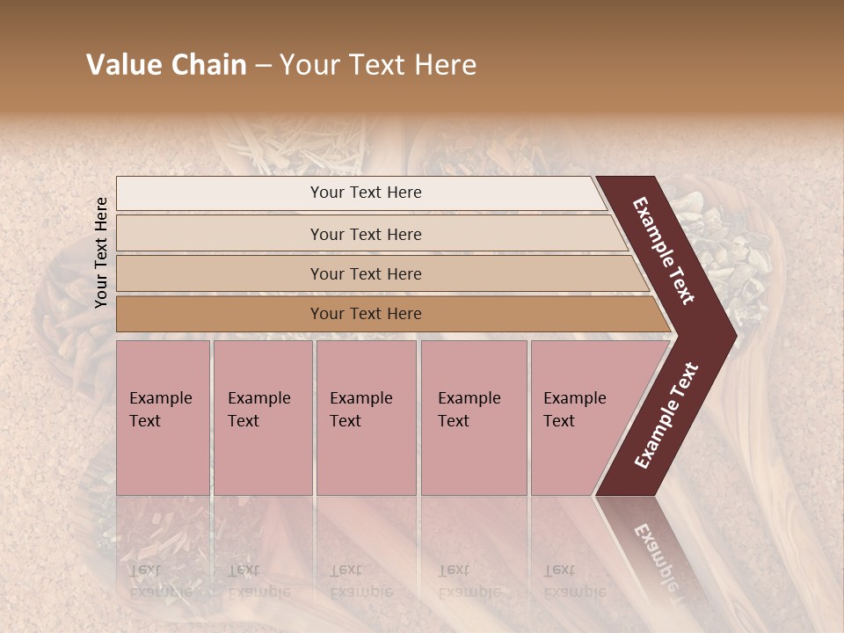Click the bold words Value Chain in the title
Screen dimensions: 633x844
click(166, 65)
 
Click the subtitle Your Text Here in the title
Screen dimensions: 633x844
click(378, 65)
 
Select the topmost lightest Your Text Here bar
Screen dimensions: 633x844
click(365, 193)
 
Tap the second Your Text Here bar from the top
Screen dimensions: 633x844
click(365, 234)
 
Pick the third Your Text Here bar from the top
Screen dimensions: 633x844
click(365, 273)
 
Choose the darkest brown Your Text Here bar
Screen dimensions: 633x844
click(365, 314)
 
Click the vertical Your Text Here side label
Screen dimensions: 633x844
click(101, 252)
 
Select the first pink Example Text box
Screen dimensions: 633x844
click(163, 418)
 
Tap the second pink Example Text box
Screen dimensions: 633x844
click(262, 418)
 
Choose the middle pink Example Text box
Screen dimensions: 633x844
click(366, 418)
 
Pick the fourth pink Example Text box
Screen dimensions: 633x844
click(473, 418)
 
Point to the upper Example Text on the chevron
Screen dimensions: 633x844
click(664, 251)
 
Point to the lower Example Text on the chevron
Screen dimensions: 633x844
click(666, 415)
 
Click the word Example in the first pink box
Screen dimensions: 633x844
click(160, 398)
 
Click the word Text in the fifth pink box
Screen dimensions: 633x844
click(558, 421)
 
